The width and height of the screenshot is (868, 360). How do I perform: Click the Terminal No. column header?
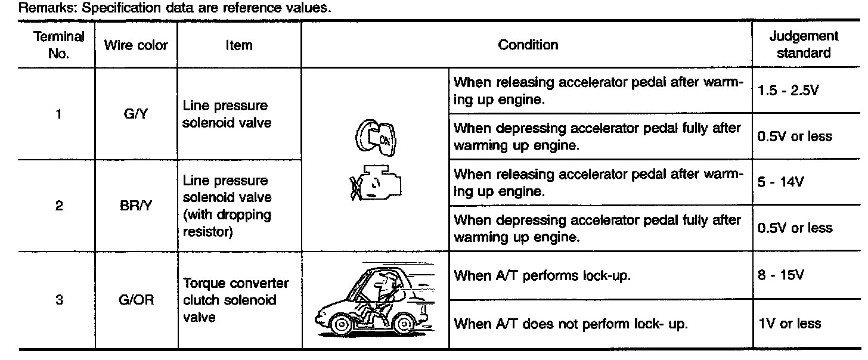pos(58,45)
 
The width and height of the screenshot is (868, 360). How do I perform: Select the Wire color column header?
pos(136,45)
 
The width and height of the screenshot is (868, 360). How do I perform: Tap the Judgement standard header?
pos(803,45)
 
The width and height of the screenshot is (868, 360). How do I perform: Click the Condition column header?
pos(528,45)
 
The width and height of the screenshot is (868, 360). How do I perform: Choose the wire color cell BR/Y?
pos(136,206)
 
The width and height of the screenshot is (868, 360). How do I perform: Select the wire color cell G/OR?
pos(136,300)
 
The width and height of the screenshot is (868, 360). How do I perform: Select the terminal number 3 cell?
pos(58,300)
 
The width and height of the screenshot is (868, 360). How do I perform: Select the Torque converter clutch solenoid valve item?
pos(235,300)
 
